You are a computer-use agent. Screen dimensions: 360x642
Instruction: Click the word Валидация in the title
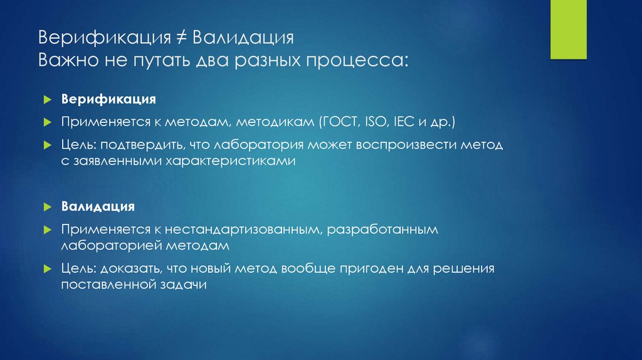244,38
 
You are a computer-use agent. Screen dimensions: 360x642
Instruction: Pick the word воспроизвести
396,145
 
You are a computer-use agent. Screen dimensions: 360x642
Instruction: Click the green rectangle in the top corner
568,30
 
